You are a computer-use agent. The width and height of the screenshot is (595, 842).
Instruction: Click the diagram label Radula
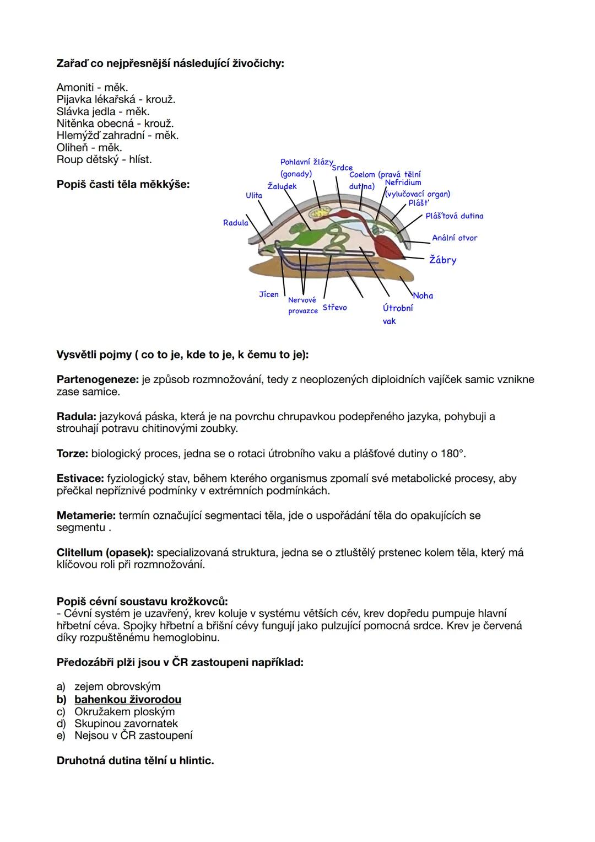coord(235,223)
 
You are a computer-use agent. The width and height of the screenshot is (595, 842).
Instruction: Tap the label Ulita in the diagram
coord(254,195)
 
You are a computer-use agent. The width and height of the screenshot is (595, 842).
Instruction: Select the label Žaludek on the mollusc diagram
coord(282,186)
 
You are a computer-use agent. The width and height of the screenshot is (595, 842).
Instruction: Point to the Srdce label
coord(342,168)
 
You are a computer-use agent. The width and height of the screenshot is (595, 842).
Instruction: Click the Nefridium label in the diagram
coord(403,183)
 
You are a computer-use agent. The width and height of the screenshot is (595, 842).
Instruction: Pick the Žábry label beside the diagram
coord(443,260)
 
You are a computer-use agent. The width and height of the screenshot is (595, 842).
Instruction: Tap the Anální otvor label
coord(455,238)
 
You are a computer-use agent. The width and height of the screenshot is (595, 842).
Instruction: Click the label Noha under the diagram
coord(423,296)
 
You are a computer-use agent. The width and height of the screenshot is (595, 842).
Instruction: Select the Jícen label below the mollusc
coord(269,294)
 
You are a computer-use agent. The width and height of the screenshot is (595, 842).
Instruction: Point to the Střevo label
coord(334,307)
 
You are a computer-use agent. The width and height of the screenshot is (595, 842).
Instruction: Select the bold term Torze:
coord(72,454)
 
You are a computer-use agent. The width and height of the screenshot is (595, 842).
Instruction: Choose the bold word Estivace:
coord(80,479)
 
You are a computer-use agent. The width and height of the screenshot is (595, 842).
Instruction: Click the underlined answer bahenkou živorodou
coord(128,700)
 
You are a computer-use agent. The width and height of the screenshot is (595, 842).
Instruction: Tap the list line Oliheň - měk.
coord(89,148)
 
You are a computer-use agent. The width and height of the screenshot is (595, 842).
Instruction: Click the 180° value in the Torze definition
coord(452,454)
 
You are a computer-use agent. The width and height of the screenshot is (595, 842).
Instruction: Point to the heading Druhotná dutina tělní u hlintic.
coord(135,761)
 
